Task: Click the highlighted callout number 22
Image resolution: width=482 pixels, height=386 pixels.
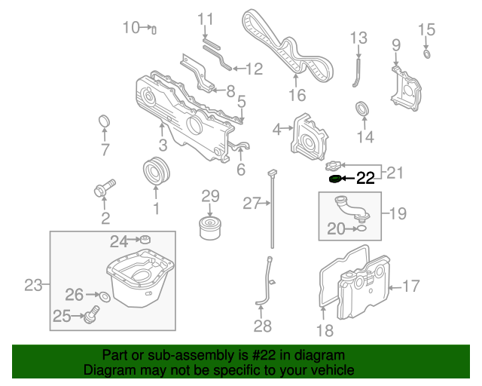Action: [365, 178]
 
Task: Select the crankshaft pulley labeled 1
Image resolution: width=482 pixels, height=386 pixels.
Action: [157, 171]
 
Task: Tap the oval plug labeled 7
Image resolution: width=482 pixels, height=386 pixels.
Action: [105, 122]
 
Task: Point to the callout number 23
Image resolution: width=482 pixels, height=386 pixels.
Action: [32, 285]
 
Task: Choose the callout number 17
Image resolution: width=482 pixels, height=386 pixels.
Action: [411, 286]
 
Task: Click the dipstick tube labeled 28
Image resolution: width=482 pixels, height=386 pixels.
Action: [266, 283]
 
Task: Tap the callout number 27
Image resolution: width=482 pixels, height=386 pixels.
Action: [251, 202]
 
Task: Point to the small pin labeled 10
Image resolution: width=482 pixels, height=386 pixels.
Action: [154, 29]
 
